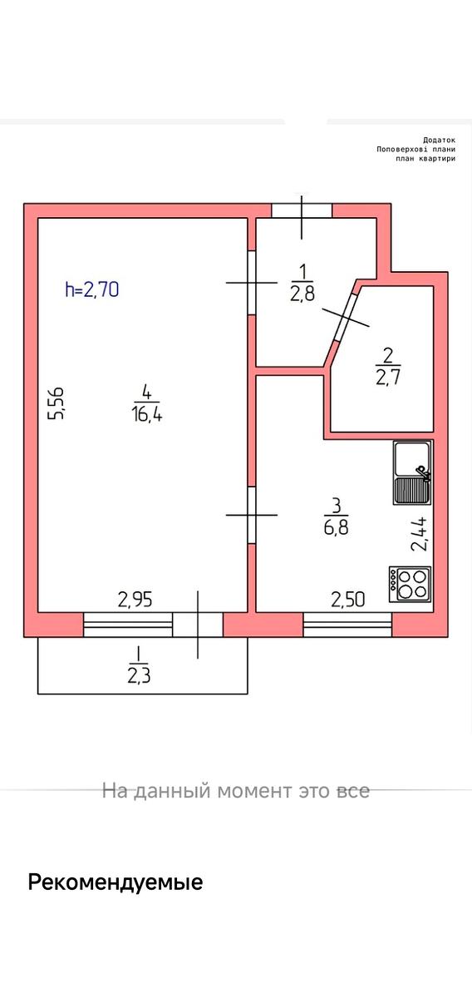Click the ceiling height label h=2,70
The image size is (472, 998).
click(x=91, y=289)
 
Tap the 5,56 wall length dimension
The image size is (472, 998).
click(x=57, y=403)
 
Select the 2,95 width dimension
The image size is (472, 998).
click(x=135, y=600)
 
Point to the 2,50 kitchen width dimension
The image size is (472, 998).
click(x=347, y=600)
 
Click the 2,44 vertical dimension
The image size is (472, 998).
click(x=419, y=534)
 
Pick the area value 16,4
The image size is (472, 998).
click(x=147, y=415)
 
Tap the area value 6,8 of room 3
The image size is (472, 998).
click(x=337, y=528)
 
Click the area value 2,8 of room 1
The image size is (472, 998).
click(x=302, y=294)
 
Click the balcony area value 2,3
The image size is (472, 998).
click(x=139, y=676)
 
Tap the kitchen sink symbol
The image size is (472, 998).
click(x=412, y=472)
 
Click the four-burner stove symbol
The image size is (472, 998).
click(x=411, y=584)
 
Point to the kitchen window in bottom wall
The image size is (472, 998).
click(x=347, y=625)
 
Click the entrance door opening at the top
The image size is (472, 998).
click(x=302, y=210)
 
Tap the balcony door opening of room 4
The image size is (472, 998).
click(x=197, y=625)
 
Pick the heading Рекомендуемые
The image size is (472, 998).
click(x=116, y=882)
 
